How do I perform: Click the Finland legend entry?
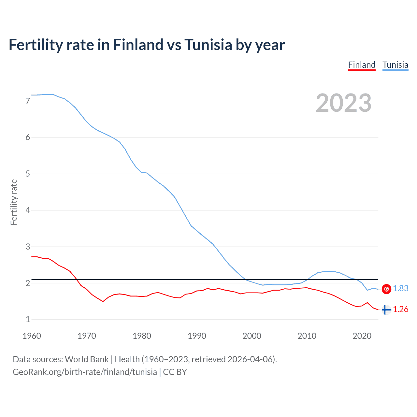[362, 65]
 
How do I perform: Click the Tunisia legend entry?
[395, 65]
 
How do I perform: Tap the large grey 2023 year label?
[343, 103]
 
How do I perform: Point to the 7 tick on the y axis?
[28, 101]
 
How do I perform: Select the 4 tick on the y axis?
[28, 210]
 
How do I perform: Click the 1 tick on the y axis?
[28, 319]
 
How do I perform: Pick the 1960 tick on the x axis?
[32, 336]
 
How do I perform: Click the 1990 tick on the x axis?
[197, 336]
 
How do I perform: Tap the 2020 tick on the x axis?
[362, 336]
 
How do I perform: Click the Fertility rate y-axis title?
[14, 202]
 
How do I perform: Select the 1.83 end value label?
[400, 289]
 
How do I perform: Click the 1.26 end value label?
[400, 309]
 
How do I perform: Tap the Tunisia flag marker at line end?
[386, 289]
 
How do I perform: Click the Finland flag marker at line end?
[386, 310]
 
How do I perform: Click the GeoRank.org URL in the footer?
[85, 372]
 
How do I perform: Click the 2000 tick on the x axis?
[252, 336]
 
